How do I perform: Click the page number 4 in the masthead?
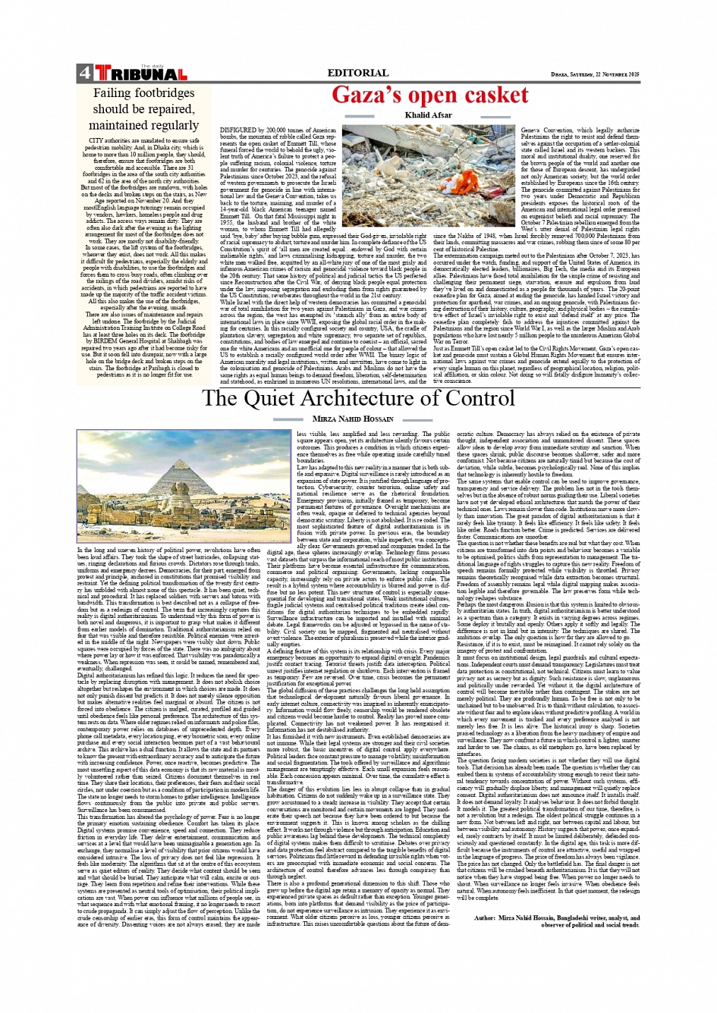tap(83, 74)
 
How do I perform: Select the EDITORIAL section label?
tap(357, 74)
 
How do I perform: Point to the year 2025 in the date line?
tap(632, 74)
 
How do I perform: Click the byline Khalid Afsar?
tap(428, 116)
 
